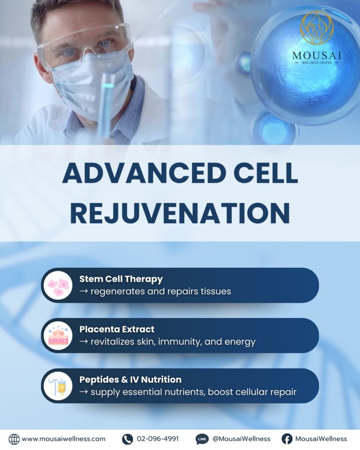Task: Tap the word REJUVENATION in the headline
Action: click(180, 214)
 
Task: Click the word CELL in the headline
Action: click(265, 173)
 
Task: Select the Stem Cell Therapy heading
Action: click(121, 279)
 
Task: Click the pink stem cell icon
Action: click(58, 285)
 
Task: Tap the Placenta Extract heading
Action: click(117, 329)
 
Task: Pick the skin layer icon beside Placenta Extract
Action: click(58, 335)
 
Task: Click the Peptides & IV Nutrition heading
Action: click(131, 379)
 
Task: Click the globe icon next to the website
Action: click(14, 439)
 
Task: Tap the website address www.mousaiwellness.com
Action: click(63, 439)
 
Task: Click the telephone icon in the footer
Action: click(127, 439)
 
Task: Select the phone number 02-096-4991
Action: click(158, 439)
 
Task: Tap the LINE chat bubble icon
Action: click(202, 439)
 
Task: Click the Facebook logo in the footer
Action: click(287, 439)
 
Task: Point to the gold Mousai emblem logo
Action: click(316, 28)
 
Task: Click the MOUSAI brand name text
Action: click(316, 55)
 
